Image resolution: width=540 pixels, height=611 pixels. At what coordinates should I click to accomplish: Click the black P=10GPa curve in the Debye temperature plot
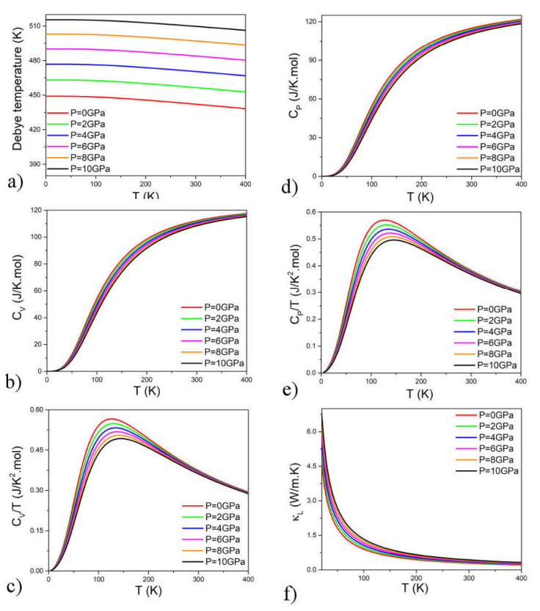(x=146, y=23)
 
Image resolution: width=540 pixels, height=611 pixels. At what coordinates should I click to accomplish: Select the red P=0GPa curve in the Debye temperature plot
(x=146, y=100)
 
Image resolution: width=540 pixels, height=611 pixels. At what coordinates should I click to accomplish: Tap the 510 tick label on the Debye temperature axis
(x=35, y=26)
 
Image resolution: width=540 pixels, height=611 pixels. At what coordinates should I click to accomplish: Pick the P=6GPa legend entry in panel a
(x=76, y=147)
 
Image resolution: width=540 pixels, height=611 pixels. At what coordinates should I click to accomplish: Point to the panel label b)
(x=13, y=382)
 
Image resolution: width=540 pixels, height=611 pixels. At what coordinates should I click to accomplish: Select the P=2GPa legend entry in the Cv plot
(x=211, y=319)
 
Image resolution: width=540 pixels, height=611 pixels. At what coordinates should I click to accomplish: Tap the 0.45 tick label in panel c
(x=37, y=450)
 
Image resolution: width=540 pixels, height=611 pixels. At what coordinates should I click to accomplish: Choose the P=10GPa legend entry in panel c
(x=214, y=562)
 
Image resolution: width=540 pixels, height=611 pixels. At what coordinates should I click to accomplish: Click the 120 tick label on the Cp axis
(x=311, y=22)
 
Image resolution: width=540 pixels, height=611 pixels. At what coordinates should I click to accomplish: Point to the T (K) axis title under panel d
(x=420, y=197)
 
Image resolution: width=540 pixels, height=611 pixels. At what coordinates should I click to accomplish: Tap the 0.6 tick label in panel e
(x=311, y=212)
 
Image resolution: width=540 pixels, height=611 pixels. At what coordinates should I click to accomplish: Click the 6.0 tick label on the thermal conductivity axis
(x=311, y=432)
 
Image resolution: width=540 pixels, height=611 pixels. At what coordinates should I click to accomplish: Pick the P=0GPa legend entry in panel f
(x=485, y=415)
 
